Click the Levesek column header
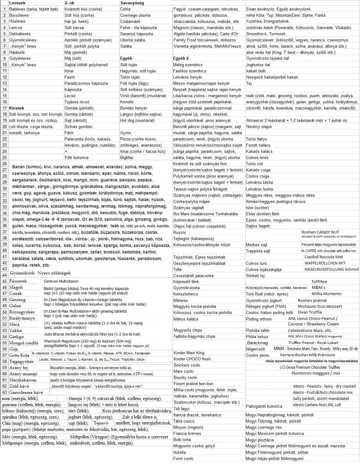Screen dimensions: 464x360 [x=17, y=3]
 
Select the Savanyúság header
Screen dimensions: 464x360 [x=132, y=3]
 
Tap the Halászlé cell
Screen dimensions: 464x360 [x=17, y=52]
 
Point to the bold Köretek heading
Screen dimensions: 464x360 [x=16, y=108]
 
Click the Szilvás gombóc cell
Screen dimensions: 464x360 [x=78, y=127]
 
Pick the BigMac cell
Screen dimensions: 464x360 [x=127, y=157]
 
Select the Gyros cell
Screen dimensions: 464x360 [x=126, y=133]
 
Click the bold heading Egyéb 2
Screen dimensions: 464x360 [x=181, y=58]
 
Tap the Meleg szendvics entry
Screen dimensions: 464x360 [x=188, y=65]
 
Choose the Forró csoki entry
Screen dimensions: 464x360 [x=184, y=458]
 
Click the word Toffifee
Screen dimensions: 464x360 [x=319, y=281]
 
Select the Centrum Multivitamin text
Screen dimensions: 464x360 [x=61, y=281]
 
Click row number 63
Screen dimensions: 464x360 [x=4, y=392]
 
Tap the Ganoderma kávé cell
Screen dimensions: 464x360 [x=26, y=392]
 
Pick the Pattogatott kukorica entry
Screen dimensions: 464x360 [x=264, y=406]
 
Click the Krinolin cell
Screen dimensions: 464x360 [x=127, y=102]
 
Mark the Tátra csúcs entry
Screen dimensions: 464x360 [x=184, y=421]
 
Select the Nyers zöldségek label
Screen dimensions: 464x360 [x=54, y=273]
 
